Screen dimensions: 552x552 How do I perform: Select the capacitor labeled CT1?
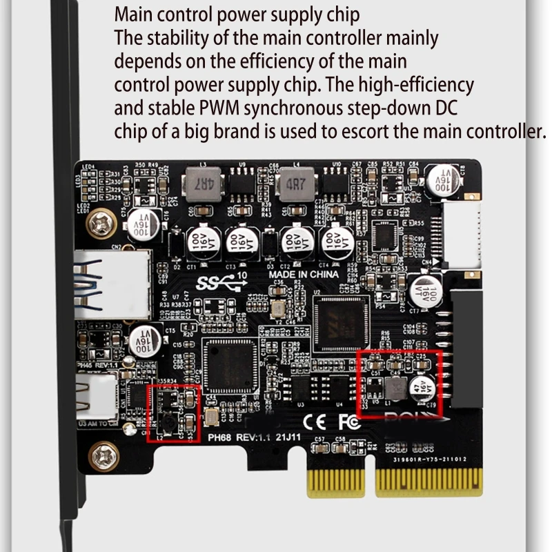[x=194, y=243]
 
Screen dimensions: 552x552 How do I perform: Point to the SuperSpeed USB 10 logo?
[x=219, y=282]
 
